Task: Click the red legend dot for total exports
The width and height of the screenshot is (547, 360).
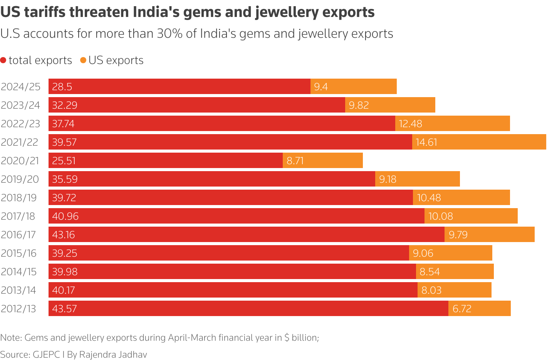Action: [3, 61]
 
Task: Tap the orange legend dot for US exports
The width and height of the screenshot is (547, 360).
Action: [83, 60]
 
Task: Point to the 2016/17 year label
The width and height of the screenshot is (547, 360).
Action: [18, 235]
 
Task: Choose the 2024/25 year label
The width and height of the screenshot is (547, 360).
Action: [20, 87]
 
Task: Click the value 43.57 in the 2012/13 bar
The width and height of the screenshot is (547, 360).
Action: [64, 309]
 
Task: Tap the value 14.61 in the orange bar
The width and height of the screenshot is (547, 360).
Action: [426, 142]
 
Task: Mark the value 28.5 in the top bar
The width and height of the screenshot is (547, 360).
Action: [62, 87]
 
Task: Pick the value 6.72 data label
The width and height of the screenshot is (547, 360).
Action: [461, 309]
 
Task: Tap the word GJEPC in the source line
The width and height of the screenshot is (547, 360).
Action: [46, 355]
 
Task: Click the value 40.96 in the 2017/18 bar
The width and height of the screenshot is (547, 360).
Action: [65, 216]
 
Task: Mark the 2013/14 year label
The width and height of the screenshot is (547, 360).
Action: [18, 290]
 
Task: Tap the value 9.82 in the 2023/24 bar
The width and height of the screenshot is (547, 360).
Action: [359, 105]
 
